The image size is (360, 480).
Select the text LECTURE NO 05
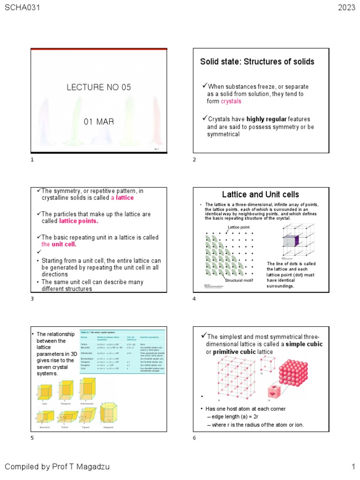pyautogui.click(x=99, y=87)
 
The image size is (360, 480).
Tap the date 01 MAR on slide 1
pyautogui.click(x=99, y=122)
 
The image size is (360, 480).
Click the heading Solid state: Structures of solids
pyautogui.click(x=257, y=61)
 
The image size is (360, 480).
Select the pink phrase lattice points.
pyautogui.click(x=79, y=221)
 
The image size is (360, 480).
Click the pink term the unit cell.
pyautogui.click(x=59, y=245)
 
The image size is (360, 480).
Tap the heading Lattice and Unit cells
pyautogui.click(x=261, y=195)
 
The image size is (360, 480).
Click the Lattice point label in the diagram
pyautogui.click(x=239, y=227)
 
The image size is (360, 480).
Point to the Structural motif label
pyautogui.click(x=239, y=280)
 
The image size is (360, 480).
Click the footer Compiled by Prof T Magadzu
pyautogui.click(x=58, y=466)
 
